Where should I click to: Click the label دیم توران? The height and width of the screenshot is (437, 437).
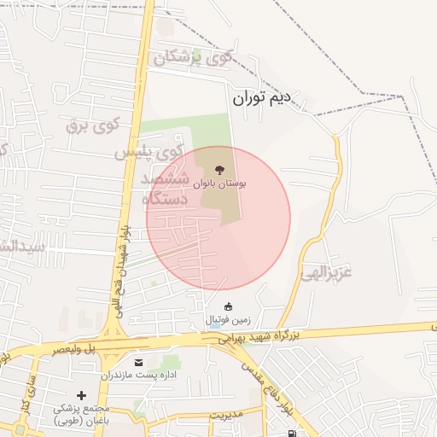pos(274,98)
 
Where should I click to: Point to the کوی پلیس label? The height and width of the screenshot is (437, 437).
pos(149,153)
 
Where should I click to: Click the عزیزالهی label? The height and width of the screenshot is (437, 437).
pos(329,274)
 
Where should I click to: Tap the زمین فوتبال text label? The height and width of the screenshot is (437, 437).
pos(228,320)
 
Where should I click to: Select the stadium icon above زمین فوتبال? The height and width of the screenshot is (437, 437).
pos(228,306)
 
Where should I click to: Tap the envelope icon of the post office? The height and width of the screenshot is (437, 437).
pos(139,362)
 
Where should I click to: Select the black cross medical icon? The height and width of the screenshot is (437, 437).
pos(82,395)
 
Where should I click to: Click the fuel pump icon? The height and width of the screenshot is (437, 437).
pos(293,433)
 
